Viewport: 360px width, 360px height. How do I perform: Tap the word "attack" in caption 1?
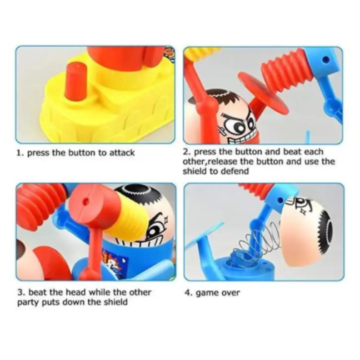tap(122, 153)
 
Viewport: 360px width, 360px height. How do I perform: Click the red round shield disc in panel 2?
tap(265, 95)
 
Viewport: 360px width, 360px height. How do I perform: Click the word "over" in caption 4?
tap(231, 293)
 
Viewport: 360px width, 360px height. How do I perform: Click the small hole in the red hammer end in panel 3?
tap(86, 202)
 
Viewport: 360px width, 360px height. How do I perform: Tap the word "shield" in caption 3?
tap(115, 302)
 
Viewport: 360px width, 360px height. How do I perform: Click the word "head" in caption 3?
tap(76, 292)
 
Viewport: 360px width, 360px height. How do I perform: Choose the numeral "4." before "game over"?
tap(189, 293)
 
